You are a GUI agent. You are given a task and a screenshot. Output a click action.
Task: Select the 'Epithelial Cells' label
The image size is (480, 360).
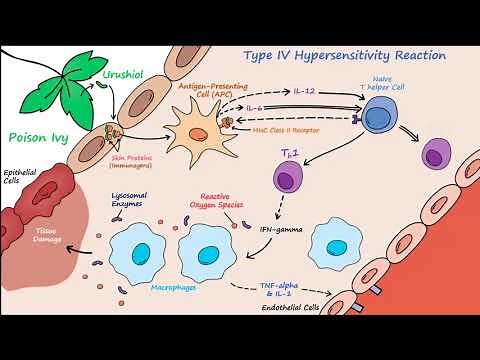point(19,175)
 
